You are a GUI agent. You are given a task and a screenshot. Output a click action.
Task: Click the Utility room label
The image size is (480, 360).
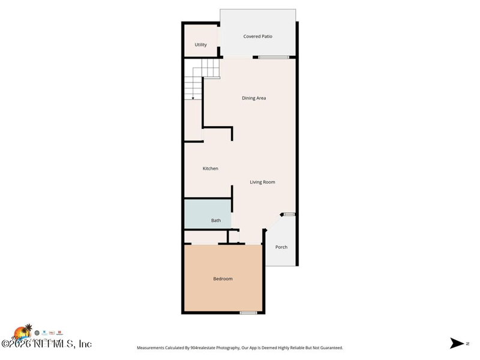200,45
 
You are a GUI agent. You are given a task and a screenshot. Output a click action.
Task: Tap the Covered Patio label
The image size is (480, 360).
257,37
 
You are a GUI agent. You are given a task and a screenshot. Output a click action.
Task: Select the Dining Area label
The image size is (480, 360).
254,98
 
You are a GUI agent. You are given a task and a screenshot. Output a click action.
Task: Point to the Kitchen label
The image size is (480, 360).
210,169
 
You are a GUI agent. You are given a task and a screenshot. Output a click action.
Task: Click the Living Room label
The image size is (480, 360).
262,182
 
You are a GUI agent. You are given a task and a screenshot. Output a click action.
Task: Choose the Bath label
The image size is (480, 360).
215,220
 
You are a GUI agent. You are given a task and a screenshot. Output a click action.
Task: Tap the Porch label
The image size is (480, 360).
281,247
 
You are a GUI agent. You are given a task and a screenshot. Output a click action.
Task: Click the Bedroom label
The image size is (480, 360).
223,279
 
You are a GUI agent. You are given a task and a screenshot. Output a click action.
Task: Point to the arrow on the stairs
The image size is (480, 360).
193,97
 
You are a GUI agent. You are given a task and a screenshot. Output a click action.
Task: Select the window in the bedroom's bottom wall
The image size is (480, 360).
248,313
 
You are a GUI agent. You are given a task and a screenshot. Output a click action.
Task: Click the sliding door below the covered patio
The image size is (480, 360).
274,58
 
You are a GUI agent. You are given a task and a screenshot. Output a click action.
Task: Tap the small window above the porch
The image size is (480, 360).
289,214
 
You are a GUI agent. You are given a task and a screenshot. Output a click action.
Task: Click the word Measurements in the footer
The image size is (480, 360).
153,348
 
